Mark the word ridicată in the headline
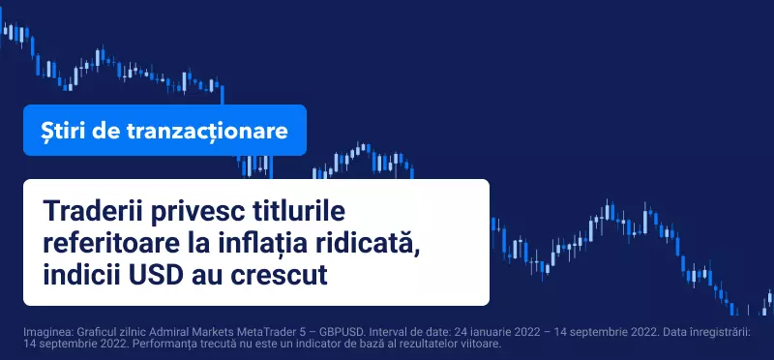(368, 244)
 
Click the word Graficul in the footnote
(82, 332)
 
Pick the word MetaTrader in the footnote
(222, 332)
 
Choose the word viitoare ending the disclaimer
(483, 344)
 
